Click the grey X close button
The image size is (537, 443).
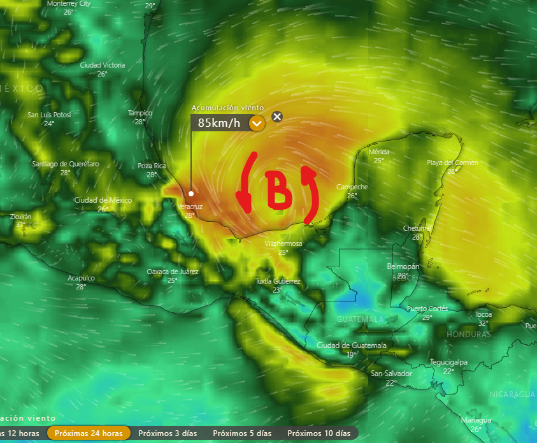(276, 116)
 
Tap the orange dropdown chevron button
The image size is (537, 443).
(257, 123)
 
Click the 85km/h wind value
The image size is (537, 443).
(219, 123)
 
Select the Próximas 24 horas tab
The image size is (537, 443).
(89, 433)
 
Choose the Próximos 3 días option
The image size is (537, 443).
(167, 433)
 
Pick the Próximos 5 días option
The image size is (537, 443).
(242, 433)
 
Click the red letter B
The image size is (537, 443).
(278, 190)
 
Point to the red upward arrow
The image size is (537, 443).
(311, 194)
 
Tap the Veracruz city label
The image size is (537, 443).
(190, 207)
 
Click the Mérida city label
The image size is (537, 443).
(379, 152)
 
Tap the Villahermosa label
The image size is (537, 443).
(283, 243)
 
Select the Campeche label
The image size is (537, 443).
(352, 187)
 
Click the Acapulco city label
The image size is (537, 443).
(82, 278)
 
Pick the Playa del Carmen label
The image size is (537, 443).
(452, 163)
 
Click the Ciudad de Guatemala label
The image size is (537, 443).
(352, 345)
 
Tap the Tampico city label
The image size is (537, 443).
(140, 113)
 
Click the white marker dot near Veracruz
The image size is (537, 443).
(191, 193)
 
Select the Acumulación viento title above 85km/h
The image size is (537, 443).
(227, 108)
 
